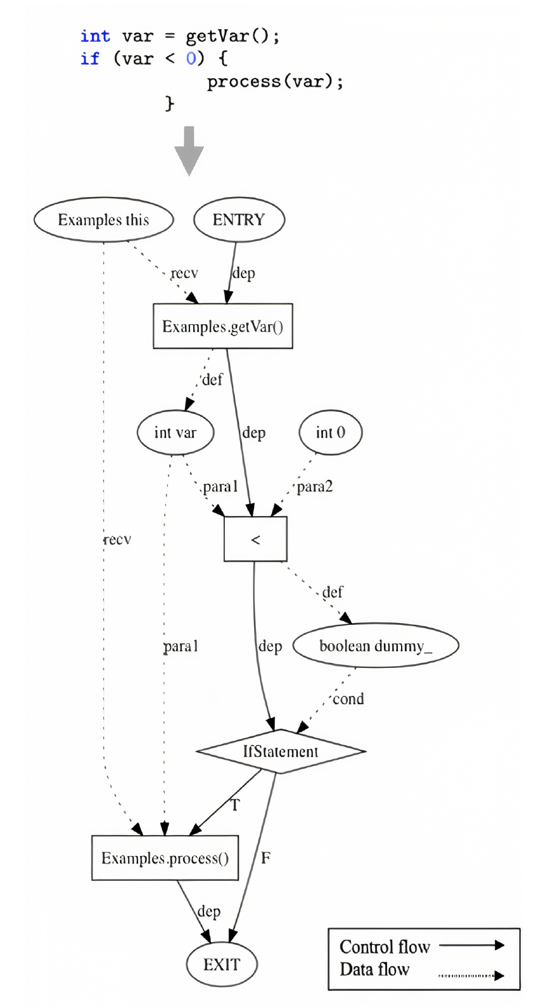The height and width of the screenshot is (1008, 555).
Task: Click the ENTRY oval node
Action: pos(239,220)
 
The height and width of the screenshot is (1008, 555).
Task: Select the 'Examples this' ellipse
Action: pos(103,220)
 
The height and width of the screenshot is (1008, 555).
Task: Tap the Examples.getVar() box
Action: pos(222,327)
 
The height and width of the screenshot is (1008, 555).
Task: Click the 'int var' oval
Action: pos(175,433)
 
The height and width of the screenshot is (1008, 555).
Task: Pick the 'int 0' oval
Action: pos(330,432)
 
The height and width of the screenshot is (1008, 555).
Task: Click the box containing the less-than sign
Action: pos(255,539)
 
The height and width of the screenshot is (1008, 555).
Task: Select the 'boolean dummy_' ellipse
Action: pos(375,646)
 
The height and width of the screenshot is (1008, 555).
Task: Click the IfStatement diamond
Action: pos(281,752)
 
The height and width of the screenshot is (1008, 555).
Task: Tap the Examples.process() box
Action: pos(165,858)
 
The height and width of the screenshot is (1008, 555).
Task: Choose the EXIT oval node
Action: pos(222,964)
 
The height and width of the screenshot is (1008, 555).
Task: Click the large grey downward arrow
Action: pos(189,151)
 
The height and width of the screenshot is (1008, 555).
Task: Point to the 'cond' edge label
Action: pos(348,699)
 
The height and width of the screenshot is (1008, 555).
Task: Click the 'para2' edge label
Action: pos(315,486)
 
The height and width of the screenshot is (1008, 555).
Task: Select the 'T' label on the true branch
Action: pos(235,805)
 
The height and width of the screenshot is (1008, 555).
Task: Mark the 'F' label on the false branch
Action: pos(265,858)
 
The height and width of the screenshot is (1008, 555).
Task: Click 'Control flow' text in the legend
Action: pos(385,947)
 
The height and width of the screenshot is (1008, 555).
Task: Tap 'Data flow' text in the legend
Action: pos(374,969)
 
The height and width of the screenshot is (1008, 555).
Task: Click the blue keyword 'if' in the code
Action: pos(90,59)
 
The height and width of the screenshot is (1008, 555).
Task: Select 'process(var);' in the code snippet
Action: pos(275,82)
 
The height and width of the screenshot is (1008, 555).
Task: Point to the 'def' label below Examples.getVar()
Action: pos(212,380)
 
